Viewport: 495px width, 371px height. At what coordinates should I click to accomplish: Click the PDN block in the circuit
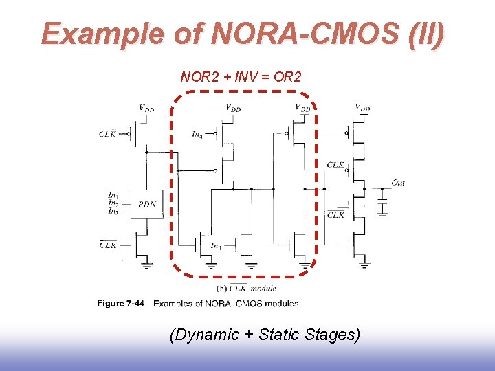pyautogui.click(x=146, y=205)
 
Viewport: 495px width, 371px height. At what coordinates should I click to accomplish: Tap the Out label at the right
pyautogui.click(x=398, y=182)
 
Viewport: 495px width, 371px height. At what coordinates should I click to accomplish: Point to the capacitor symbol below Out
pyautogui.click(x=382, y=204)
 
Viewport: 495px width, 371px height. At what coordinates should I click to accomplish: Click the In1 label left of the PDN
pyautogui.click(x=113, y=195)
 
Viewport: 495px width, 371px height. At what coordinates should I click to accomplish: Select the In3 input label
pyautogui.click(x=113, y=211)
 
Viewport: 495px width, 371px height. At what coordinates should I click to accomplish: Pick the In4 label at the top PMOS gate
pyautogui.click(x=197, y=134)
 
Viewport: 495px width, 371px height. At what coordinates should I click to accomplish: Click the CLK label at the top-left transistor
pyautogui.click(x=108, y=134)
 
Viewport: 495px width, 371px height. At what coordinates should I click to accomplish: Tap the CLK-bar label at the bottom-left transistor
pyautogui.click(x=108, y=244)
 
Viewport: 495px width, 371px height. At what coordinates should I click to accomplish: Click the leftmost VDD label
pyautogui.click(x=146, y=108)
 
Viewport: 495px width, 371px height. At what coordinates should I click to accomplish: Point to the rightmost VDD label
pyautogui.click(x=362, y=107)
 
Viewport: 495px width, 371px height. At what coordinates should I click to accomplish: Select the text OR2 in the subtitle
pyautogui.click(x=287, y=76)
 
